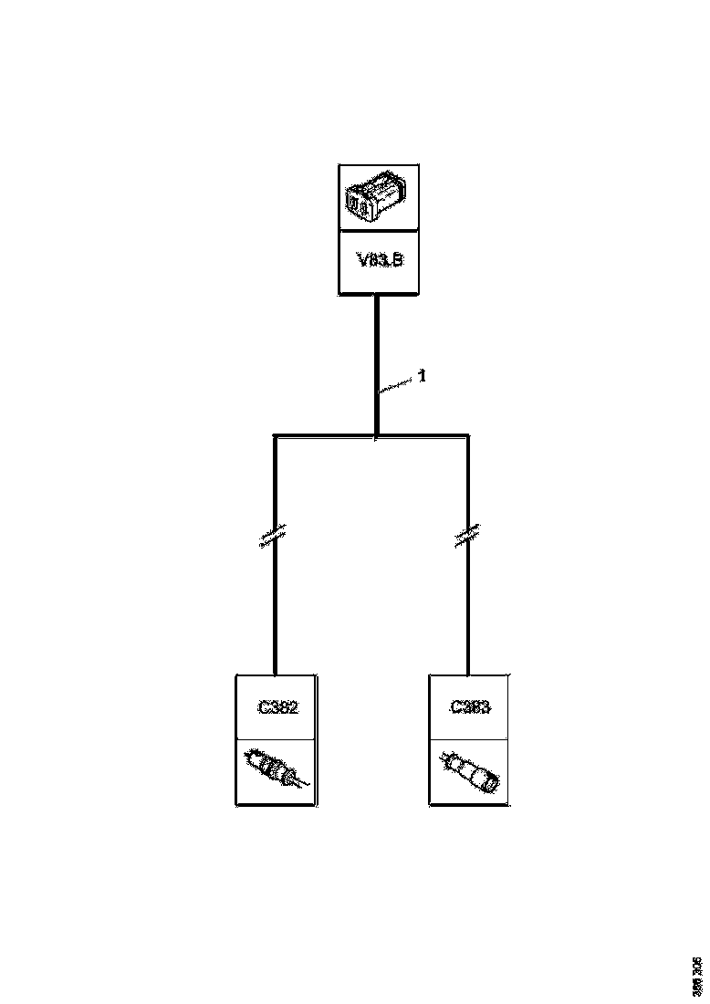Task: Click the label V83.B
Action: (x=378, y=261)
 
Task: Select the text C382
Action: (x=277, y=706)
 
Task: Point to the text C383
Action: (x=469, y=706)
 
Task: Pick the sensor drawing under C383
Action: (x=469, y=769)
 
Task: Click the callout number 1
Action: (x=423, y=375)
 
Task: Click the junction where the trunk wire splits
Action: (x=376, y=436)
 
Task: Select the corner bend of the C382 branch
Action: (x=275, y=437)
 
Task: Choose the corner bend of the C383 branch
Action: (x=468, y=437)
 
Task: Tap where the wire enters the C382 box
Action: (x=275, y=675)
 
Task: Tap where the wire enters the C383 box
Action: (x=468, y=675)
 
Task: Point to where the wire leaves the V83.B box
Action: (x=376, y=296)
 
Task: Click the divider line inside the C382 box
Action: (x=277, y=739)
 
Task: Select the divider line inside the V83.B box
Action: (x=378, y=231)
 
